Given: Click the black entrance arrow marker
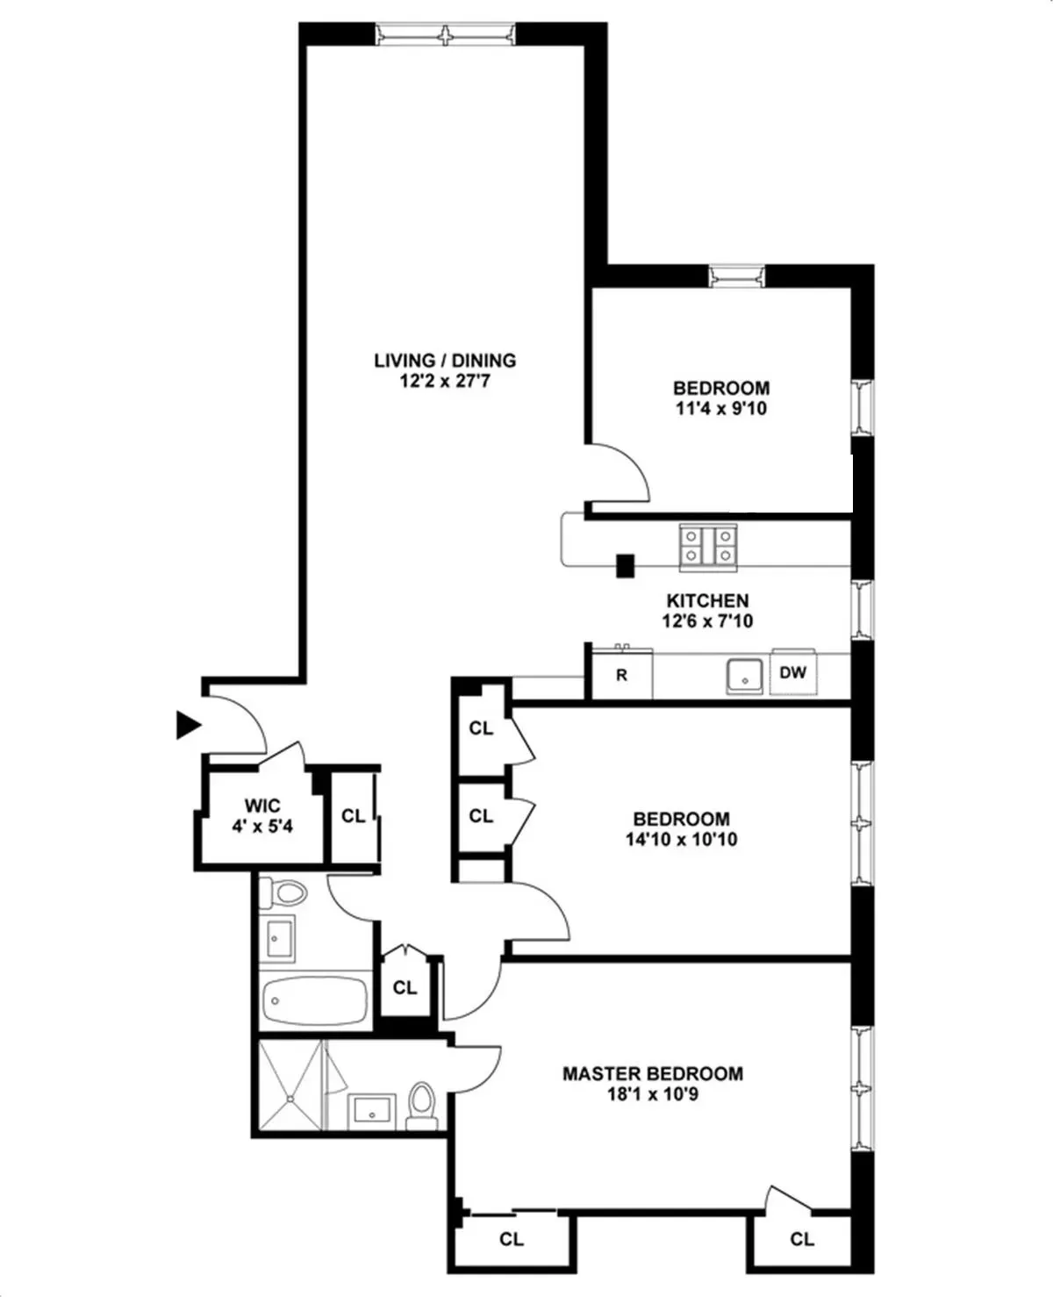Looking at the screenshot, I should (x=188, y=725).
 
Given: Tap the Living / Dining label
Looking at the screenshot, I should (x=445, y=360).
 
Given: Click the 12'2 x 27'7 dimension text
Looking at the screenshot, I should (x=445, y=382).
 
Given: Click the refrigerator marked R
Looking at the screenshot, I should (x=622, y=676).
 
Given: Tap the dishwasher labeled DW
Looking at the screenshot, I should (x=792, y=673).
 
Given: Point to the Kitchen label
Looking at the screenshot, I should (x=707, y=600).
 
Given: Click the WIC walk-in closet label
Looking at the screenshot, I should (x=262, y=806).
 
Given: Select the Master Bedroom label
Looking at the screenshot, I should (x=652, y=1073).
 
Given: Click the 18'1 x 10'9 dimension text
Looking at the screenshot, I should (x=652, y=1094).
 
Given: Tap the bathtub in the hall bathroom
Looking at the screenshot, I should (x=314, y=1000).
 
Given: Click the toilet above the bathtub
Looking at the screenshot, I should (x=287, y=894).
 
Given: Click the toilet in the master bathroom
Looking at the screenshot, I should (x=422, y=1104).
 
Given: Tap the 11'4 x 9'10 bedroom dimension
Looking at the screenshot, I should (x=720, y=408).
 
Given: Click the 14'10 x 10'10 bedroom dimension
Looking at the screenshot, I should (x=681, y=839).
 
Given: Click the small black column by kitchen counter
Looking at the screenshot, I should (x=625, y=566).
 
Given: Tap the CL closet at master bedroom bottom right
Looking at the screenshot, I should (x=801, y=1238).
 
